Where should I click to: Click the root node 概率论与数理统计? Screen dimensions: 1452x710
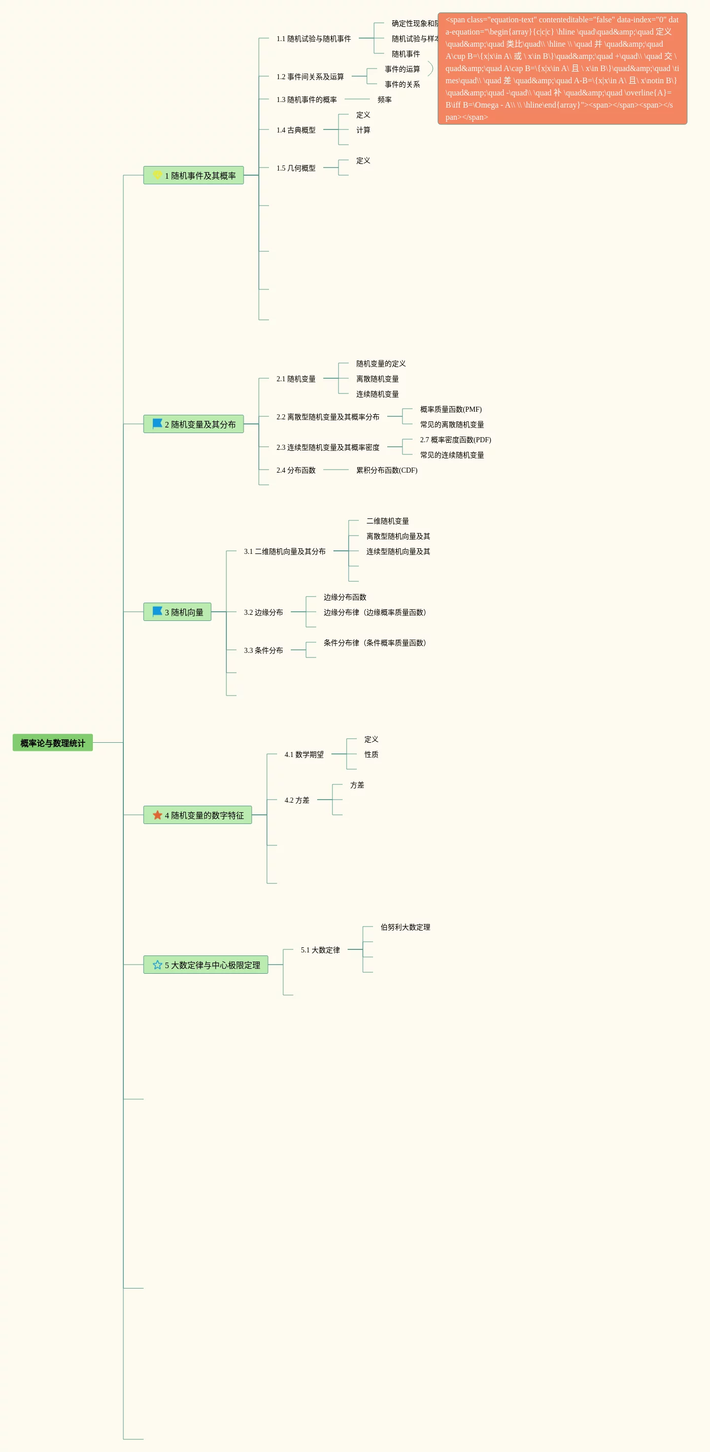(x=52, y=742)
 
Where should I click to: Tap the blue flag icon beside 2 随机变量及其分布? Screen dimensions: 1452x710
(x=157, y=423)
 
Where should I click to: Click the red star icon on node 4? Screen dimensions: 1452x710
(x=157, y=815)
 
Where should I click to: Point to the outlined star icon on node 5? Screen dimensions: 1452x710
(x=157, y=965)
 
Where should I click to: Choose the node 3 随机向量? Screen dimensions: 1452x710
(x=177, y=612)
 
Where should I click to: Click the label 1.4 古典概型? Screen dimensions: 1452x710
(x=296, y=129)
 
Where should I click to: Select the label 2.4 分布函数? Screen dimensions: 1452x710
(x=296, y=470)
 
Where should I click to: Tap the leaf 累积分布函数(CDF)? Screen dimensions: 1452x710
(x=387, y=470)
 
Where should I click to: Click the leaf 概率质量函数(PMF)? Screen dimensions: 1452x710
(x=451, y=409)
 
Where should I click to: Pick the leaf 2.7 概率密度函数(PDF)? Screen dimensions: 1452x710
(x=455, y=440)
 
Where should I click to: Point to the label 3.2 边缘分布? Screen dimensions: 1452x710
(x=263, y=612)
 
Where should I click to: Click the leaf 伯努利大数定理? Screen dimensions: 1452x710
(x=405, y=927)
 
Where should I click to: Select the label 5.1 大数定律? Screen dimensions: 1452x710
(x=320, y=950)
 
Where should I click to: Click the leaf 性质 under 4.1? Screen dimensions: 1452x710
(x=371, y=754)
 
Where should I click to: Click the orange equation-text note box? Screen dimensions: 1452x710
(x=562, y=68)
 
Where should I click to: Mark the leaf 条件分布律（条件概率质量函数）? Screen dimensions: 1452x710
(x=375, y=643)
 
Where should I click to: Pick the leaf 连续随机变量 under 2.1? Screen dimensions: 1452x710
(x=377, y=394)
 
